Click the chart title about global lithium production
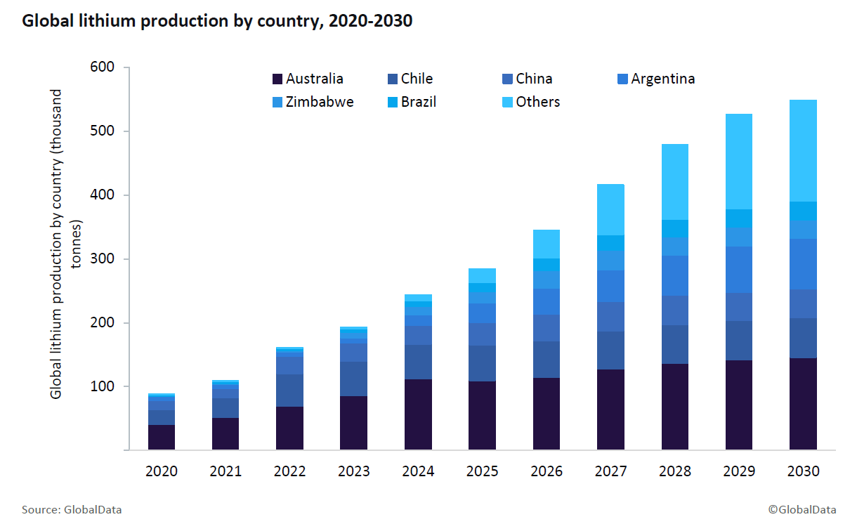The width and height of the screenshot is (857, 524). click(x=217, y=22)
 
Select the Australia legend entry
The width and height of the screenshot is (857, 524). click(x=307, y=79)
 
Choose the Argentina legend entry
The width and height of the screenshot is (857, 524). click(x=655, y=79)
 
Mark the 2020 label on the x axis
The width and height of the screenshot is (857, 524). click(x=162, y=471)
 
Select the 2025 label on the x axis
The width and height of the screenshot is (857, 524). click(x=482, y=471)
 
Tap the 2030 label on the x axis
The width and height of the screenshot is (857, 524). click(x=803, y=471)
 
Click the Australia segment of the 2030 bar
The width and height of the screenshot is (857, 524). click(x=803, y=404)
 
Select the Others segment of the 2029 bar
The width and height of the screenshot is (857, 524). click(x=739, y=162)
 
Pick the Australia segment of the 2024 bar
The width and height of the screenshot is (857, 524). click(x=418, y=414)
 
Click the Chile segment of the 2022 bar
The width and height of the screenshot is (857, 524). click(x=289, y=391)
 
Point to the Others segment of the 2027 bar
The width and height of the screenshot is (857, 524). click(x=610, y=209)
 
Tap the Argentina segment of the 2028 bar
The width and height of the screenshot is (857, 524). click(x=674, y=275)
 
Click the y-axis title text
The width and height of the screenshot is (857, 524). click(x=66, y=243)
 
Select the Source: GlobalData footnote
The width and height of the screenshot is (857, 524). click(x=67, y=509)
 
